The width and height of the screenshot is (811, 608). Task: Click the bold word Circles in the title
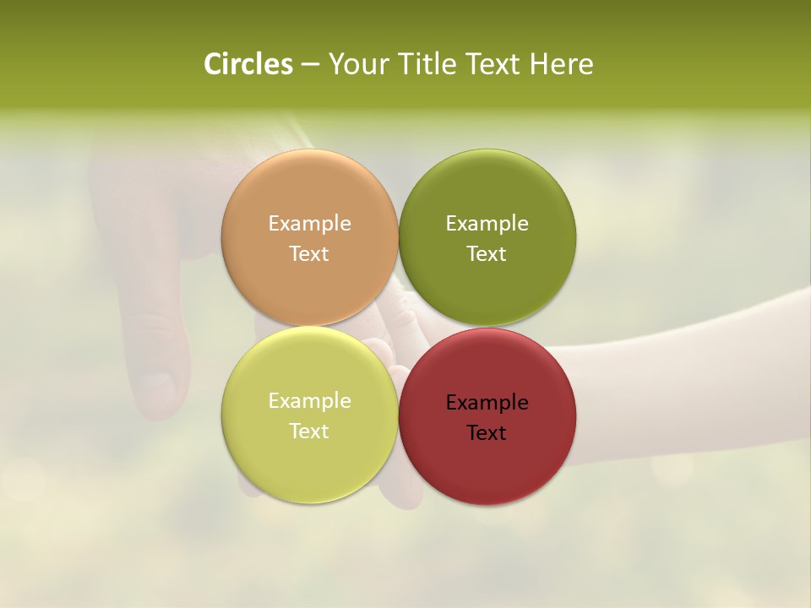pyautogui.click(x=248, y=64)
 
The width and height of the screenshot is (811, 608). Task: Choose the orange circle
pyautogui.click(x=309, y=194)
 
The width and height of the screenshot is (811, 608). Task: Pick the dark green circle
pyautogui.click(x=487, y=194)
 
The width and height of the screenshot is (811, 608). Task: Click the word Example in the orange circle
pyautogui.click(x=309, y=224)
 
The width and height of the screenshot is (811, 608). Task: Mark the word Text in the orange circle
pyautogui.click(x=309, y=254)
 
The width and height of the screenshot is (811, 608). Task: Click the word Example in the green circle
pyautogui.click(x=487, y=224)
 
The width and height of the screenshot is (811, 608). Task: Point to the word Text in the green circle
pyautogui.click(x=487, y=254)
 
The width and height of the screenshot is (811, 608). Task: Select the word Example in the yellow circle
pyautogui.click(x=309, y=401)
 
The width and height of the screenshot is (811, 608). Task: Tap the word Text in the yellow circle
pyautogui.click(x=309, y=432)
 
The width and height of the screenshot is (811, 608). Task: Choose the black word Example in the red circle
pyautogui.click(x=487, y=403)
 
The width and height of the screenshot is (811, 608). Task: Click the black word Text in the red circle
pyautogui.click(x=487, y=433)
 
